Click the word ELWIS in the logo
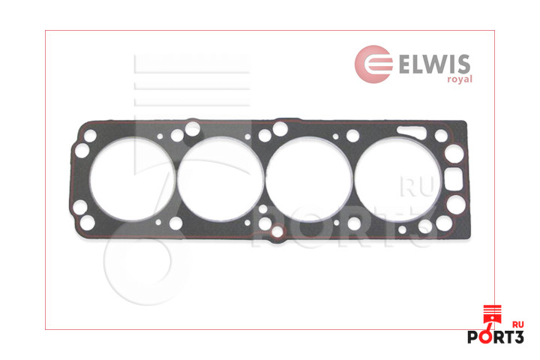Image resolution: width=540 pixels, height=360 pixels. pos(434,64)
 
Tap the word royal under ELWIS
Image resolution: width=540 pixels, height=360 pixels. pos(460,79)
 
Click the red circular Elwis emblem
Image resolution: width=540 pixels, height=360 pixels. pos(373,64)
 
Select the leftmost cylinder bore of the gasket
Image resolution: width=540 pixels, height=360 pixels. pos(132,179)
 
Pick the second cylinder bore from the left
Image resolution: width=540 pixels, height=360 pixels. pos(220,179)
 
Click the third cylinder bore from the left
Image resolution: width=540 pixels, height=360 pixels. pos(309,179)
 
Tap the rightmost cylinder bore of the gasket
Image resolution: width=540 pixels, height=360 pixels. pos(397,179)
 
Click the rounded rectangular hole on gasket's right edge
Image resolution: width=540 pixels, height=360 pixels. pos(454,178)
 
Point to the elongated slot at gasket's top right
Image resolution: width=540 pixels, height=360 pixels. pos(411,131)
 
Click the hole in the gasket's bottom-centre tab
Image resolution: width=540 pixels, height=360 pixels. pos(277,232)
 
